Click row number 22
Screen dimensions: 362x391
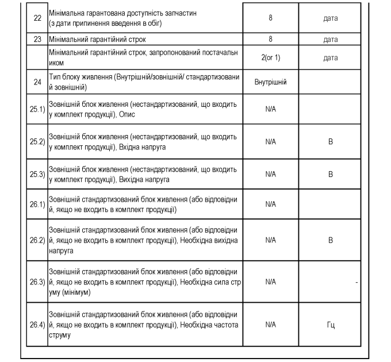click(37, 18)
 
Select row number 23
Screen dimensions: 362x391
click(37, 40)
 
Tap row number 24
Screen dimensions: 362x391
click(37, 82)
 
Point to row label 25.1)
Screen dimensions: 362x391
click(37, 110)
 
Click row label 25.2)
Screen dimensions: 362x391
click(37, 142)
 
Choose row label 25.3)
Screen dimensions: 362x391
click(37, 174)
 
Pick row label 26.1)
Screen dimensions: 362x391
click(37, 204)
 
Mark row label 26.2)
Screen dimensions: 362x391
click(37, 240)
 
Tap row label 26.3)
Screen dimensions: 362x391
click(37, 282)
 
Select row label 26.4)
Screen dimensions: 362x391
click(37, 325)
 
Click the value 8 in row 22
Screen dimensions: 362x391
click(270, 18)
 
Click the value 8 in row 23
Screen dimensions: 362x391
click(270, 40)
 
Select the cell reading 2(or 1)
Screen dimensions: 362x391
click(270, 57)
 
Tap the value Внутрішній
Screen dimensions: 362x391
click(270, 82)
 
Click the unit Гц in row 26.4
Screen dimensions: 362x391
click(331, 325)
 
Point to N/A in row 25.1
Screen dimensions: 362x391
click(270, 109)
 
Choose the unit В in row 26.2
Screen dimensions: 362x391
click(331, 240)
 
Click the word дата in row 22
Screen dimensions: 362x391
click(331, 18)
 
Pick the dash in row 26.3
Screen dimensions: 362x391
click(356, 282)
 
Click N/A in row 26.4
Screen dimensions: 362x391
click(270, 325)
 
